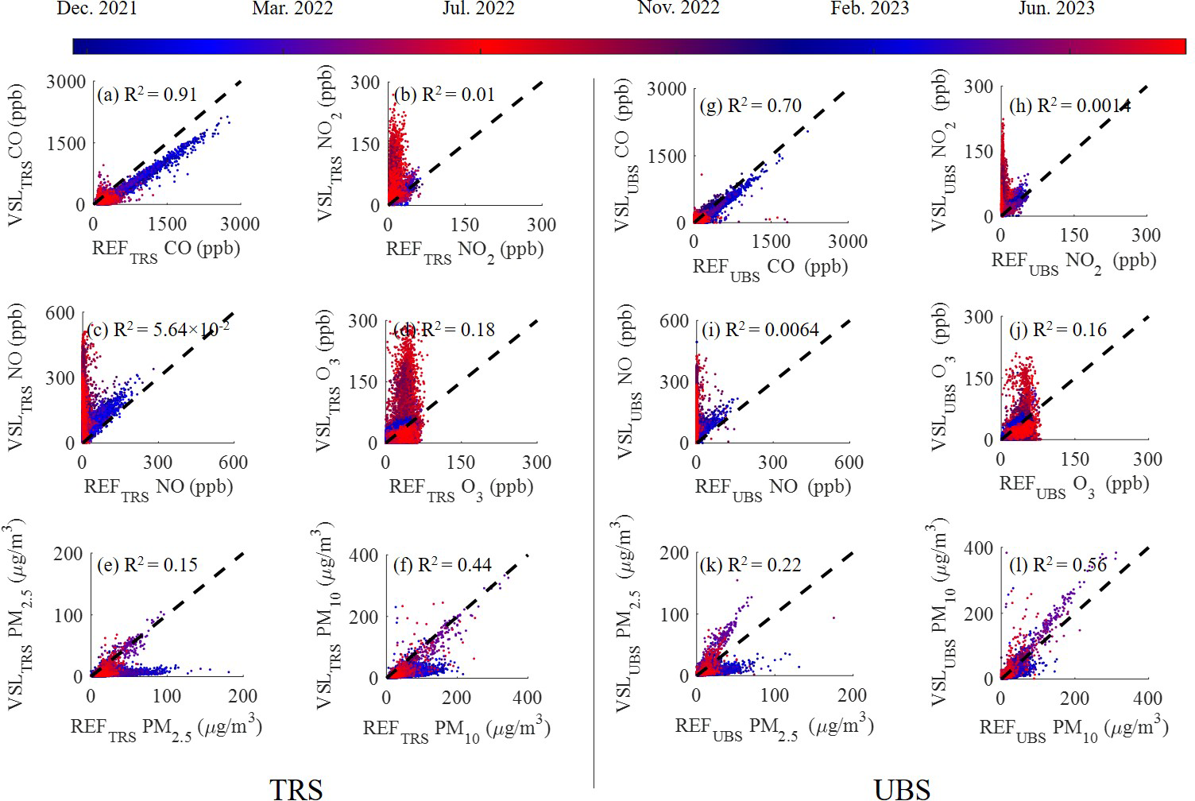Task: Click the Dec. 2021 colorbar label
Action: pyautogui.click(x=97, y=9)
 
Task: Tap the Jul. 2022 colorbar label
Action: pyautogui.click(x=478, y=9)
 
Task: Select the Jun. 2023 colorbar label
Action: pyautogui.click(x=1056, y=9)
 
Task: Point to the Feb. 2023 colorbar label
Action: pyautogui.click(x=870, y=9)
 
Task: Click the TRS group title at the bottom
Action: pyautogui.click(x=296, y=788)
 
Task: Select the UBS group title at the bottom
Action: pyautogui.click(x=902, y=788)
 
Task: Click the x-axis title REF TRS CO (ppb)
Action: pyautogui.click(x=166, y=250)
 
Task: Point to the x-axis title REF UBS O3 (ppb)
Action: pyautogui.click(x=1073, y=486)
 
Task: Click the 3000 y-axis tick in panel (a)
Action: pyautogui.click(x=66, y=82)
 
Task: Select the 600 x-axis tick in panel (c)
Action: pyautogui.click(x=233, y=462)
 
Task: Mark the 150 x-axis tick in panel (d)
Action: pyautogui.click(x=461, y=462)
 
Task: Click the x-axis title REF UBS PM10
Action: pyautogui.click(x=1073, y=729)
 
